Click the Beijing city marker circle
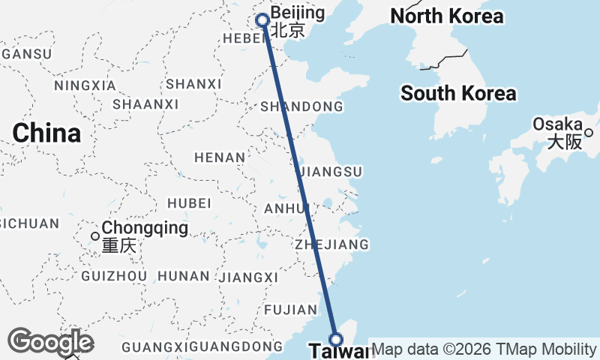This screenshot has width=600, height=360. pos(262,20)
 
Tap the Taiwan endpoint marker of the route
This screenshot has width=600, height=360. pos(336,338)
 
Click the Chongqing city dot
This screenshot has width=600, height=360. pos(95,236)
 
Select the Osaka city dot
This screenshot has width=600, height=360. pos(589,133)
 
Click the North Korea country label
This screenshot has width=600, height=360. pos(447,16)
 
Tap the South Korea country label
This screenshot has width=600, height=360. pos(458,94)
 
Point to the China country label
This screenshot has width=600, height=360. pos(46,133)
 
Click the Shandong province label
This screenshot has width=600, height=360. pos(301,107)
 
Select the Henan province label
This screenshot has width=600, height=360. pos(220,157)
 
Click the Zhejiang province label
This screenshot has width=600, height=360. pos(332,244)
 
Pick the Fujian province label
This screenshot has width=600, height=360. pos(291,309)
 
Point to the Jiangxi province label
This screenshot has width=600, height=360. pos(248,277)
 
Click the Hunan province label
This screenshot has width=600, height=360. pos(184,276)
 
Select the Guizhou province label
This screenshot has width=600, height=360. pos(113,276)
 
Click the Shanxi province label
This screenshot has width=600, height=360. pos(194,84)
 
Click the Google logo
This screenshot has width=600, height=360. pos(50,342)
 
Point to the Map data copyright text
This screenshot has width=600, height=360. pos(484,349)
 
